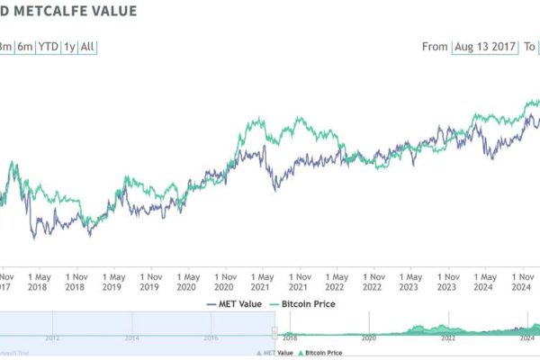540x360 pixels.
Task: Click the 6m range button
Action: point(24,46)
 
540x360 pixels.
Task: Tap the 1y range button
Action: point(68,46)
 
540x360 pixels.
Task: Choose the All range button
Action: point(87,46)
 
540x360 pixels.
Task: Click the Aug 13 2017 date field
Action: point(487,46)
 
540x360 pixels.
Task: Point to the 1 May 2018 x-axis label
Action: point(37,282)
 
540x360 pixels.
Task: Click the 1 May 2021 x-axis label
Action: point(262,282)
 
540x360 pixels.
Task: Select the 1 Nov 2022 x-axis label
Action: point(373,282)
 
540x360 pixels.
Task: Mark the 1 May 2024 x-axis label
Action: point(486,282)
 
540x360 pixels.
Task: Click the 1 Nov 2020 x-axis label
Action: point(224,282)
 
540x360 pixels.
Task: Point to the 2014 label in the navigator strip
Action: point(131,339)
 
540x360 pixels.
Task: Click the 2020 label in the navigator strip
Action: point(369,339)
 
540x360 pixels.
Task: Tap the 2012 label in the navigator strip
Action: point(52,339)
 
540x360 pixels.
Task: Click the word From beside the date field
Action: point(435,46)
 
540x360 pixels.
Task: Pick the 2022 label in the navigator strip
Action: point(448,339)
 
